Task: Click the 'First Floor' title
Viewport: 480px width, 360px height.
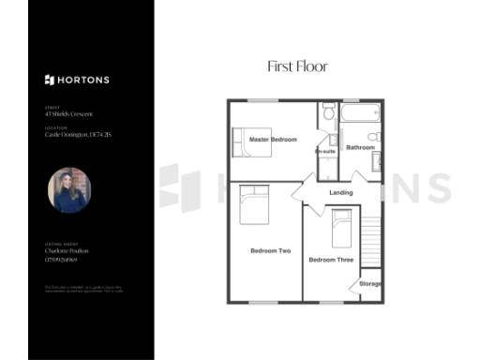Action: [297, 67]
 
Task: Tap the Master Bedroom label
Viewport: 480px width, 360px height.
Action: [273, 140]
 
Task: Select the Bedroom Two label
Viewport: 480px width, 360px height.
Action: [270, 250]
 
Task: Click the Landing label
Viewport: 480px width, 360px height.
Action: [341, 194]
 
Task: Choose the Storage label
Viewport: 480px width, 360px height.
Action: [370, 283]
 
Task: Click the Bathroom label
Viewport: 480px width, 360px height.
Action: [361, 148]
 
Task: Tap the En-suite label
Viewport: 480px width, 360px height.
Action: [325, 151]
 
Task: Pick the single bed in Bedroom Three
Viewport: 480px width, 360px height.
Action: [340, 227]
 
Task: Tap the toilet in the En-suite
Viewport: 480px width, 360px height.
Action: [328, 112]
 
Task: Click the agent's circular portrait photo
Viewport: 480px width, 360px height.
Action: [68, 190]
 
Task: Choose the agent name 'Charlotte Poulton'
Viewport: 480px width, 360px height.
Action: [67, 251]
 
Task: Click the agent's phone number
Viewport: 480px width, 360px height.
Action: [62, 260]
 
